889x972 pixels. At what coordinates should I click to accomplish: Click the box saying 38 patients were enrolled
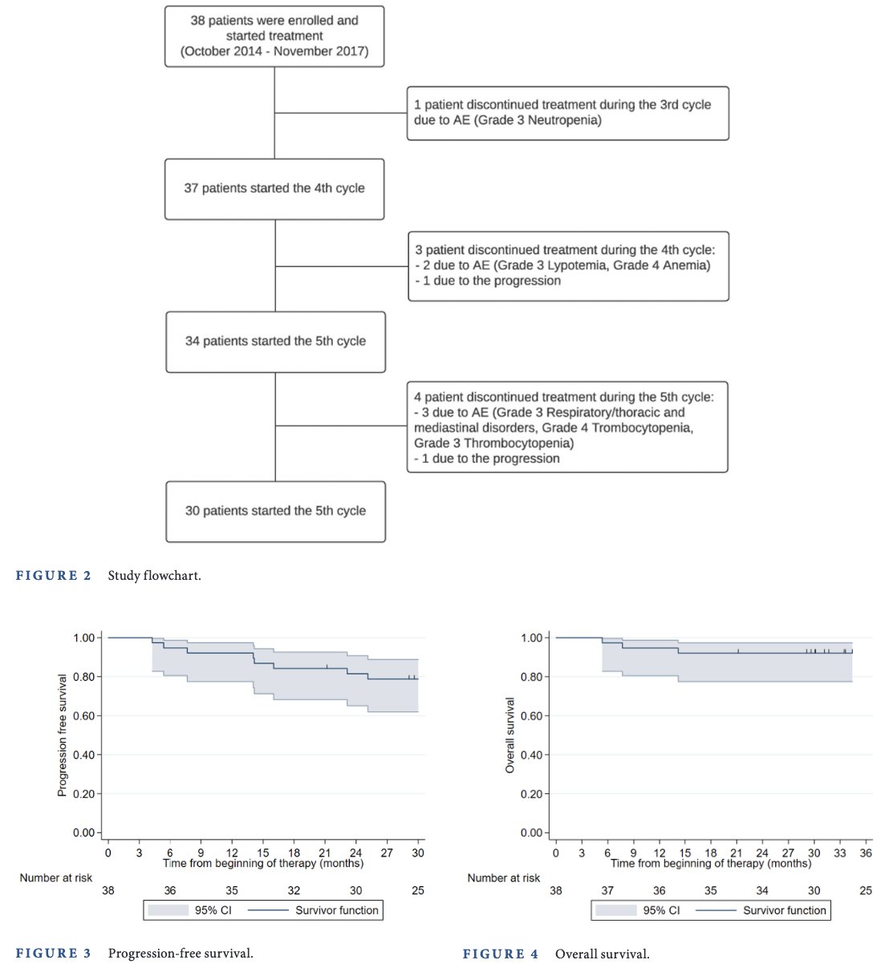click(274, 36)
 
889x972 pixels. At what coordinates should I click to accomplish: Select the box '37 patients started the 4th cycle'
click(274, 189)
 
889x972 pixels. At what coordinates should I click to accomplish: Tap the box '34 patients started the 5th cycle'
click(275, 342)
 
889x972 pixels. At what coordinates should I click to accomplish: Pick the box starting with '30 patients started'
click(275, 512)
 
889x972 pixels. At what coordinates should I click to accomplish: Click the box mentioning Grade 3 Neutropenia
click(567, 113)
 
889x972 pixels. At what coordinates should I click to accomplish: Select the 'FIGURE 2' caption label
click(53, 575)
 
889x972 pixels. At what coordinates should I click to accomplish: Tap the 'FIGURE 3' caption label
click(53, 953)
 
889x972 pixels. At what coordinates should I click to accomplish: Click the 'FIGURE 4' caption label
click(501, 954)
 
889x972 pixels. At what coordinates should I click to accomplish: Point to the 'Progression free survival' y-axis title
click(62, 735)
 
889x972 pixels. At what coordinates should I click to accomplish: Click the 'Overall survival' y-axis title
click(509, 735)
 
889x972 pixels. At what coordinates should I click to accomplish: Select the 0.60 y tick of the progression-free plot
click(84, 715)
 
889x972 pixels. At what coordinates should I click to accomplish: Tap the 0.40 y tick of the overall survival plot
click(532, 755)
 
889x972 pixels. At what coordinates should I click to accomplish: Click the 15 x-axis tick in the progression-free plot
click(263, 853)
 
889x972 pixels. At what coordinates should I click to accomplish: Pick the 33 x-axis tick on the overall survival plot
click(840, 853)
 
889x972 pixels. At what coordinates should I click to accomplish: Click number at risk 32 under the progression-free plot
click(294, 890)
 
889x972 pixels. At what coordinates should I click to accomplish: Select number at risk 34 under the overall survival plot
click(762, 890)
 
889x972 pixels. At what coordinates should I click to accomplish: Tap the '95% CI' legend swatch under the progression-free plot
click(168, 910)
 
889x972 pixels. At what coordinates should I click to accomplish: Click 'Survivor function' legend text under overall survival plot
click(784, 910)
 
